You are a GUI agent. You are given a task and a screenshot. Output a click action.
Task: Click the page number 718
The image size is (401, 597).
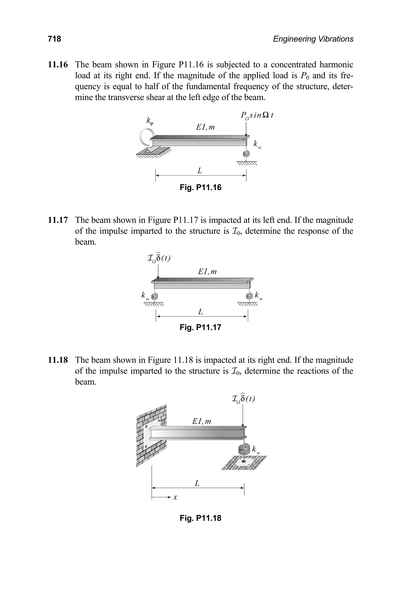(x=54, y=39)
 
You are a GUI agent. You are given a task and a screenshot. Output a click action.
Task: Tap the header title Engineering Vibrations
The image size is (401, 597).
(x=313, y=39)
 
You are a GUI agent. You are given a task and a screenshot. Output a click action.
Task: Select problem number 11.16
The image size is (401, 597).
(x=58, y=65)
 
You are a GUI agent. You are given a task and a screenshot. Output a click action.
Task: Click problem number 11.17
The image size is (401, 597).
(x=58, y=220)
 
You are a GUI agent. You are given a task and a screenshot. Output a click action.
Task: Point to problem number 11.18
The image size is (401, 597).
(x=58, y=360)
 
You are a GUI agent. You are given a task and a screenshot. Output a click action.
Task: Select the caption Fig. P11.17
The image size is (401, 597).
(x=200, y=327)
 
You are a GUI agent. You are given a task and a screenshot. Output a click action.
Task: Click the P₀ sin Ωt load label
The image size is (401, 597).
(x=257, y=115)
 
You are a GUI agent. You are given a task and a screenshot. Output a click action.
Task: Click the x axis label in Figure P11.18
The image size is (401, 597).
(x=175, y=497)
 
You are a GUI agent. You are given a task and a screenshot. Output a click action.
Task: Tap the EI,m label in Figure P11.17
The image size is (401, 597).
(x=207, y=271)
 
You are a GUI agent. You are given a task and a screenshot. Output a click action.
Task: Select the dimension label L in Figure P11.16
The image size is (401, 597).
(x=200, y=170)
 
